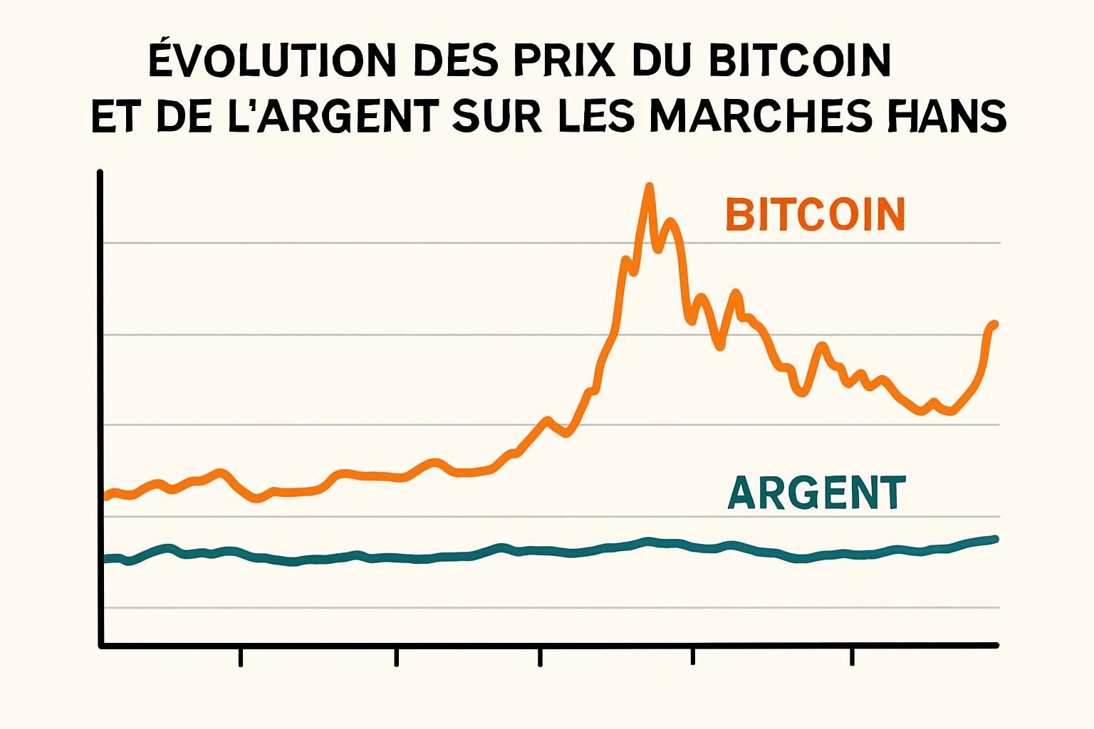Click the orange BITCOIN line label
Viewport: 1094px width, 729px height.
(816, 214)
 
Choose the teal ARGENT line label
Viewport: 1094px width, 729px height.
(816, 493)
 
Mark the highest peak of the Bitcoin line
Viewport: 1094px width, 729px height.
(648, 187)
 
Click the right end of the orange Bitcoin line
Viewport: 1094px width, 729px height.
(994, 325)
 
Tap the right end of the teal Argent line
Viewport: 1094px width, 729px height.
(995, 539)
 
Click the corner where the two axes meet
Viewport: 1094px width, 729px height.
(101, 645)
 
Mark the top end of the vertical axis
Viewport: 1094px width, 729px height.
(100, 173)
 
